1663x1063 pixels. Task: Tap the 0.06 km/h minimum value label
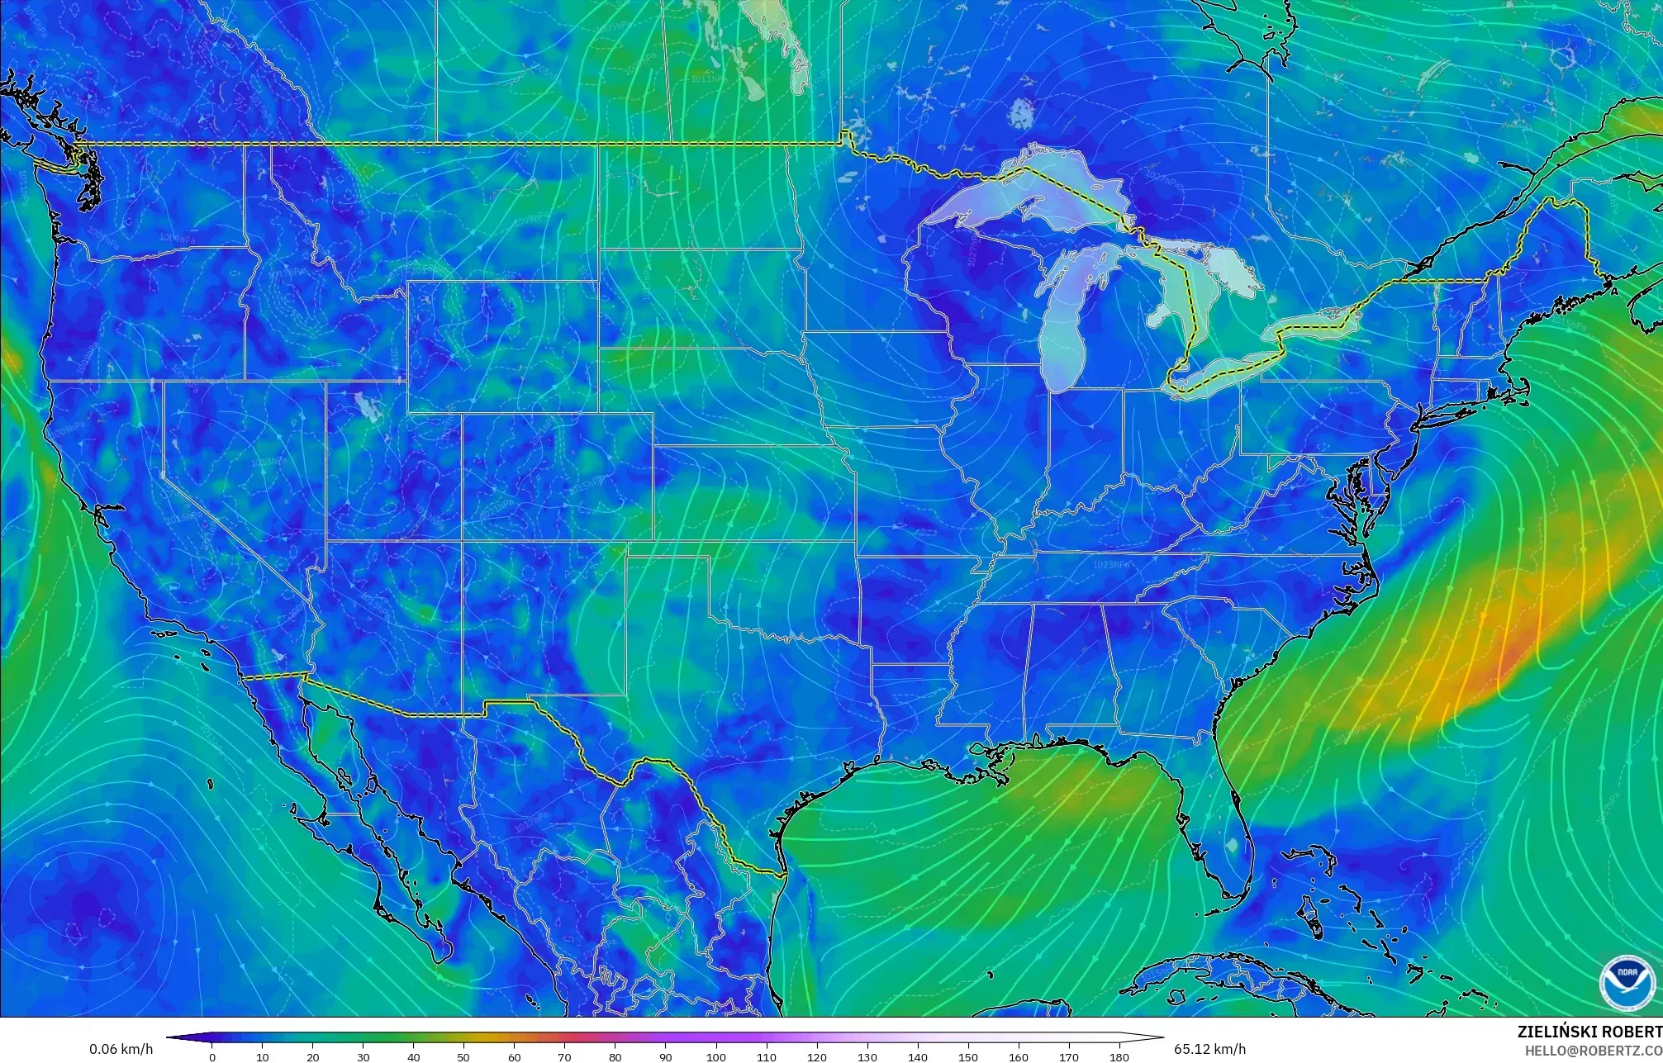(121, 1049)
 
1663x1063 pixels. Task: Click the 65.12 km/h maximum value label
(1209, 1049)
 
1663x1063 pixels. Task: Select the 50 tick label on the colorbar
(464, 1057)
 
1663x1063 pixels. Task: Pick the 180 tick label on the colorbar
(1119, 1057)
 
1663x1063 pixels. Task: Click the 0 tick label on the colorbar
(212, 1057)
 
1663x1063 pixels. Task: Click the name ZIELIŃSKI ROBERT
(1589, 1032)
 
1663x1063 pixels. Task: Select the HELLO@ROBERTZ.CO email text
(1593, 1050)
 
